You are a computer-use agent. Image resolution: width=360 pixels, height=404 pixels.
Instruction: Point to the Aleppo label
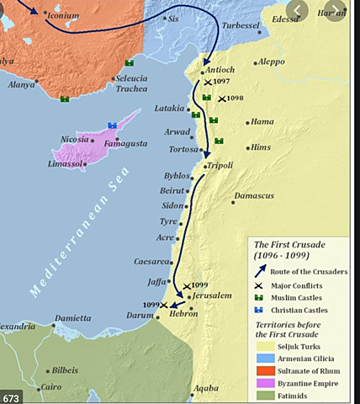(x=271, y=61)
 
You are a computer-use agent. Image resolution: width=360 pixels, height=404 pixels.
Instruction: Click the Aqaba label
(x=206, y=389)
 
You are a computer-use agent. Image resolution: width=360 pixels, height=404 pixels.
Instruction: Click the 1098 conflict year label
(x=236, y=98)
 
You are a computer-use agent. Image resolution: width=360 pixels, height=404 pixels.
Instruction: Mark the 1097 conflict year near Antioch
(x=222, y=82)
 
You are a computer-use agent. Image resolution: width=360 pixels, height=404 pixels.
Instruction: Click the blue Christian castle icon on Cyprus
(x=112, y=125)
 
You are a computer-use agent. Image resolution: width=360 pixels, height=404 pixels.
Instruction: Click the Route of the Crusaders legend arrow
(x=262, y=271)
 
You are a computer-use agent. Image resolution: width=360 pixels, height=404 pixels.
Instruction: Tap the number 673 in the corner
(x=13, y=396)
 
